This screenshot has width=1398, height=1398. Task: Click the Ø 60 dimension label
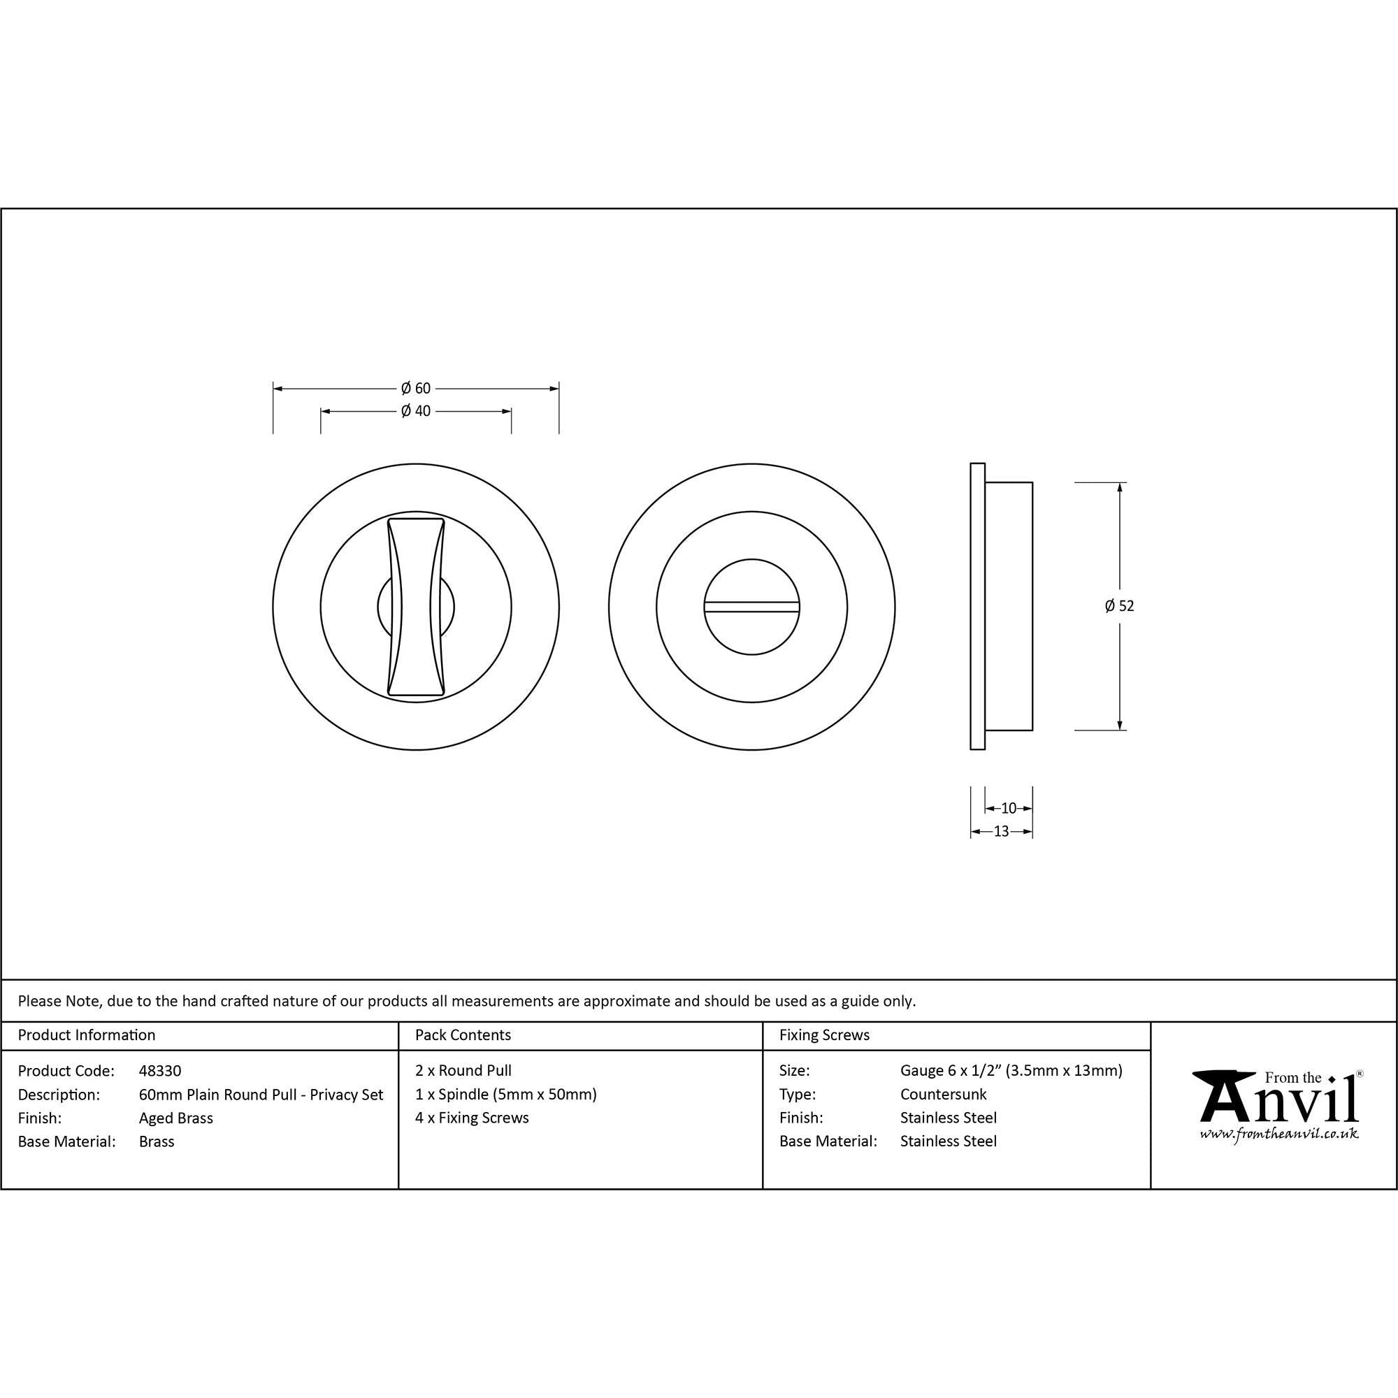(x=415, y=389)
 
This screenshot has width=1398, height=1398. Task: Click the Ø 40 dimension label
(x=415, y=411)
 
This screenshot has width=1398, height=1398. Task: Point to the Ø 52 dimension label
(x=1119, y=606)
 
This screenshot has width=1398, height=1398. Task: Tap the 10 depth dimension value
(x=1009, y=808)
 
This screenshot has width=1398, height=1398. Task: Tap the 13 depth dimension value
(x=1002, y=831)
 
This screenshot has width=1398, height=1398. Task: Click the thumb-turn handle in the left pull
(x=416, y=606)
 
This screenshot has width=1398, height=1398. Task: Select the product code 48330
(x=160, y=1071)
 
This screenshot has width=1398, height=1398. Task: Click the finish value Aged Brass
(x=176, y=1118)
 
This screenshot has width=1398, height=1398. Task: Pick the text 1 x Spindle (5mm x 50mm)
(x=506, y=1094)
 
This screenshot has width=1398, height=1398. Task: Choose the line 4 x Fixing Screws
(x=472, y=1117)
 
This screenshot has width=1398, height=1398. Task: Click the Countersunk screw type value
(x=943, y=1094)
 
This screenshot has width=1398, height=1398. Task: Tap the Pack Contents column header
(x=463, y=1035)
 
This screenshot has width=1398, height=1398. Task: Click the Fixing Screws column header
(x=824, y=1035)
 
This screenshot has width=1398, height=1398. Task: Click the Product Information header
(x=87, y=1035)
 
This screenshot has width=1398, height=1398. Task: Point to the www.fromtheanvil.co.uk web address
(x=1278, y=1134)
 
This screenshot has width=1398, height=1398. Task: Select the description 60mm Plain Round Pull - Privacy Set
(x=261, y=1095)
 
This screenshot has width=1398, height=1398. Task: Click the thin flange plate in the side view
(x=977, y=606)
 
